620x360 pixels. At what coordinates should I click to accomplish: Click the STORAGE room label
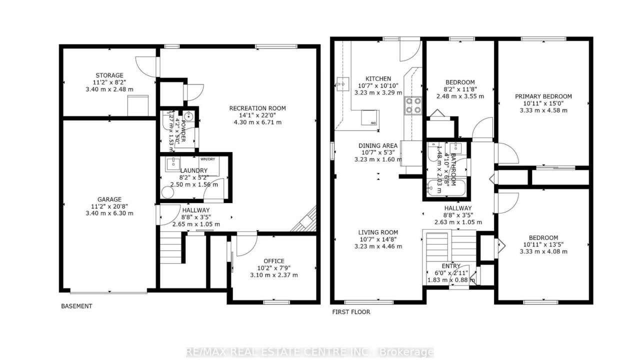coord(109,75)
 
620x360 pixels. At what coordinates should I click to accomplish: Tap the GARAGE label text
coord(109,199)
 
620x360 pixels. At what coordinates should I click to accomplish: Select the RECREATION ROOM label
coord(257,108)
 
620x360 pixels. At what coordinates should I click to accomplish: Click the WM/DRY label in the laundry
coord(207,159)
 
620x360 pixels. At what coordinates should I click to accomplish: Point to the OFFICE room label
coord(273,261)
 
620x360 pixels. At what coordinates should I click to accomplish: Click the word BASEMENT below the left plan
coord(76,306)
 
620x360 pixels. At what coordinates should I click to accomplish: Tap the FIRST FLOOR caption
coord(351,312)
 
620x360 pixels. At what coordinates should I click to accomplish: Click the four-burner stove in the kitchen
coord(413,105)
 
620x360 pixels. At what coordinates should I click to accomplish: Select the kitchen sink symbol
coord(342,84)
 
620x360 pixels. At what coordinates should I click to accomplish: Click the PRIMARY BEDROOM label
coord(543,96)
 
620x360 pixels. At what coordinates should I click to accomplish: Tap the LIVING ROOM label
coord(378,232)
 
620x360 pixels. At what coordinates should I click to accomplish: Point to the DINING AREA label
coord(378,145)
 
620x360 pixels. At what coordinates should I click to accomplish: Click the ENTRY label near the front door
coord(451,266)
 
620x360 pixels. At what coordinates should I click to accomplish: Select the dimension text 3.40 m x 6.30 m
coord(109,213)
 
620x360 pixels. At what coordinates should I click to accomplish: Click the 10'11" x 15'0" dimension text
coord(543,103)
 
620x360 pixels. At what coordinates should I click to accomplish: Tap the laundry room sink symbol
coord(172,164)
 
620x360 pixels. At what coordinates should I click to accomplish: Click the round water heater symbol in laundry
coord(167,192)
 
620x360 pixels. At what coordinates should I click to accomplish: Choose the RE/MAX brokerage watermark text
coord(309,352)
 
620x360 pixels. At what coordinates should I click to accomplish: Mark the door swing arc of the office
coord(250,250)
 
